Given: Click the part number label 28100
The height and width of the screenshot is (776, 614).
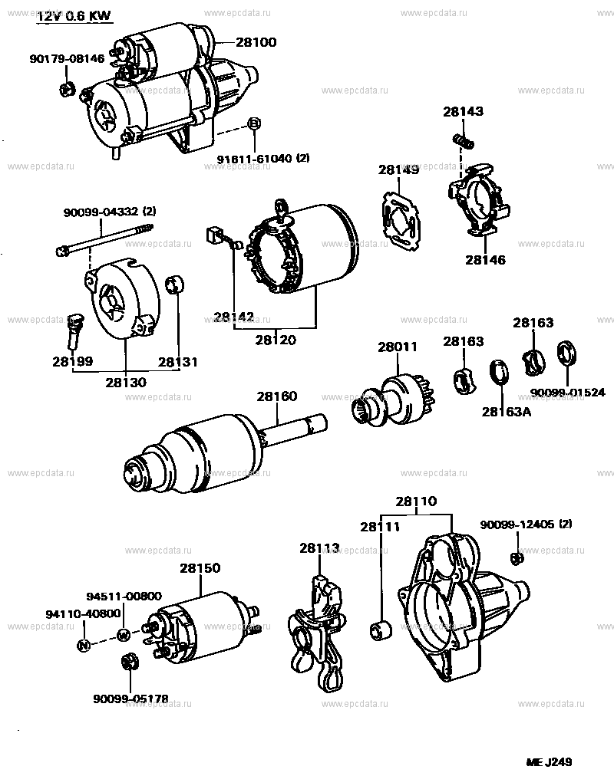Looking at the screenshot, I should [256, 42].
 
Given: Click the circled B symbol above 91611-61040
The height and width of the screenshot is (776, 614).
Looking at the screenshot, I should [254, 124].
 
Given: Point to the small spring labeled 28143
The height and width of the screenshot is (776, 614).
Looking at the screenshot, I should [462, 140].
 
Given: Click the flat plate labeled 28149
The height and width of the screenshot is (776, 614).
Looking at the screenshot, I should [402, 215].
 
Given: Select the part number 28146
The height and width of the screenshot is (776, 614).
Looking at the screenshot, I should [485, 260].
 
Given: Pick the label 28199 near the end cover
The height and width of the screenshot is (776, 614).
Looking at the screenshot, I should [72, 360].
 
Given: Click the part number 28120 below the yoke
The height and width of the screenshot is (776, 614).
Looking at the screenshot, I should [276, 340].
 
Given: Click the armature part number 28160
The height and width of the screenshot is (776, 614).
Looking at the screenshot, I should [276, 396].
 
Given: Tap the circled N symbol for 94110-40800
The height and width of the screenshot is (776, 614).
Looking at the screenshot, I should [84, 645].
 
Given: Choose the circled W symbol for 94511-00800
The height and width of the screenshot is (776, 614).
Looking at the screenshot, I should [122, 634].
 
